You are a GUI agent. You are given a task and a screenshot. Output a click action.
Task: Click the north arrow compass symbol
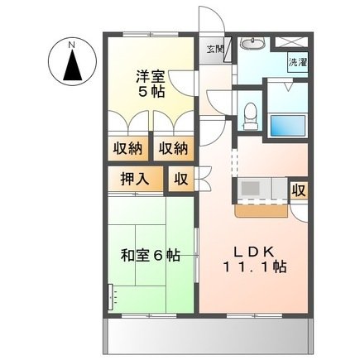coord(72,65)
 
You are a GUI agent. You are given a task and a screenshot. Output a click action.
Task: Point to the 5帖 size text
coord(151,92)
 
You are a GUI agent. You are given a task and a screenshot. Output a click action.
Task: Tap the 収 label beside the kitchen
coord(300,190)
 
